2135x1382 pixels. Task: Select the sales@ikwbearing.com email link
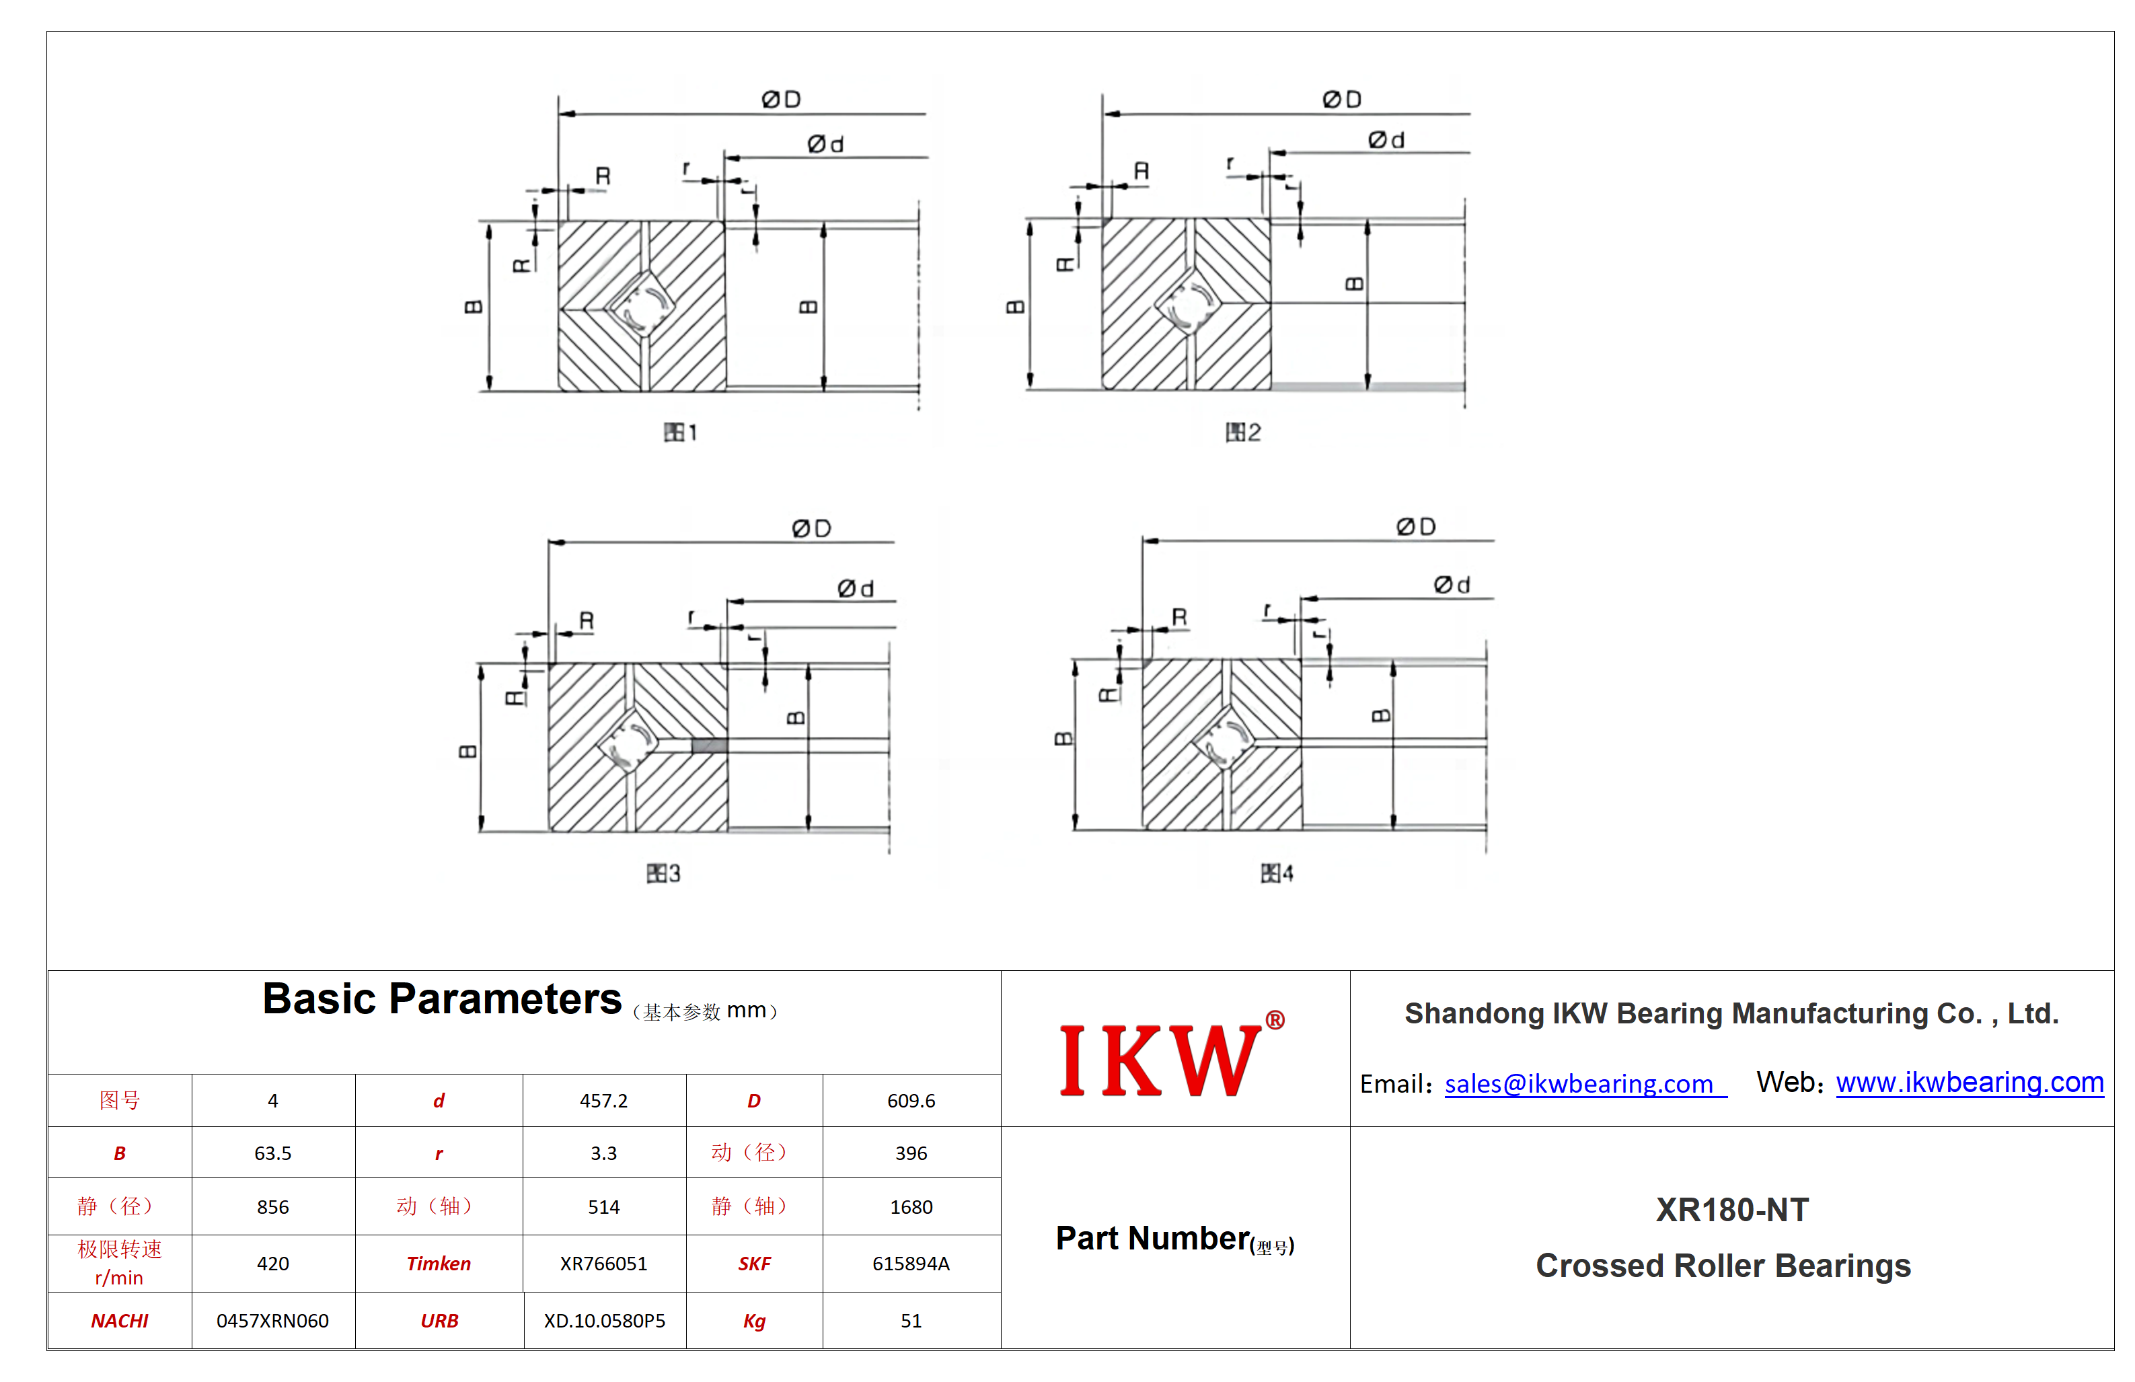[x=1584, y=1084]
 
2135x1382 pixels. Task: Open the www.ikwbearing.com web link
[x=1969, y=1083]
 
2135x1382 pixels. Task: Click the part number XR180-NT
[x=1731, y=1210]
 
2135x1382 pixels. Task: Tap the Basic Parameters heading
[x=441, y=998]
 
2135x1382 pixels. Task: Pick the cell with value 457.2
[x=604, y=1100]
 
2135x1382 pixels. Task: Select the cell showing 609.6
[x=911, y=1100]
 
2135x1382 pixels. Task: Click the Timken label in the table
[x=439, y=1264]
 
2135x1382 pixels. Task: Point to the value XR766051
[x=604, y=1264]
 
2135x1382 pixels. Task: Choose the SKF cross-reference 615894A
[x=911, y=1264]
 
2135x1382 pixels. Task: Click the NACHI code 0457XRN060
[x=272, y=1321]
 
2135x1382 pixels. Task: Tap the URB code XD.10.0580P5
[x=604, y=1321]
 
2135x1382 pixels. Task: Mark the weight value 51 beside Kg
[x=911, y=1321]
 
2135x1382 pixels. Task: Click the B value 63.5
[x=272, y=1153]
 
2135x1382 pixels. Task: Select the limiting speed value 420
[x=272, y=1264]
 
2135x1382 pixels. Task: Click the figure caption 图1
[x=680, y=433]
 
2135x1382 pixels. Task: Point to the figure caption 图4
[x=1277, y=873]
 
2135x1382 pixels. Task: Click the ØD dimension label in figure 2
[x=1342, y=100]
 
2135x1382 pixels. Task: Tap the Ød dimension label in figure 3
[x=855, y=589]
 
